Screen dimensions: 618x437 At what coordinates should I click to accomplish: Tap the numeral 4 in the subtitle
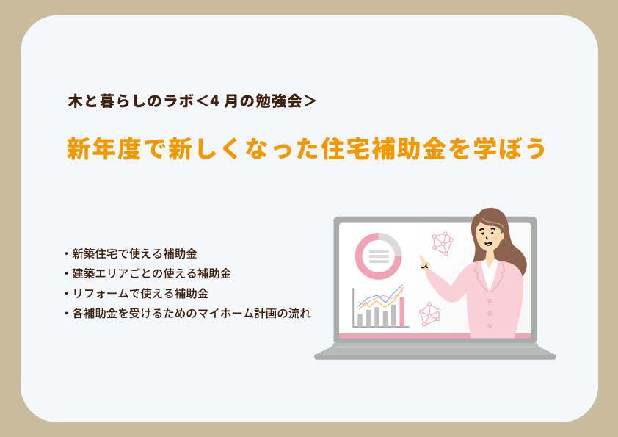214,101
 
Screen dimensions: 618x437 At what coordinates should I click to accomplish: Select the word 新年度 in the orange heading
103,148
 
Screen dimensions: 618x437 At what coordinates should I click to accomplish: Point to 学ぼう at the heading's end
509,148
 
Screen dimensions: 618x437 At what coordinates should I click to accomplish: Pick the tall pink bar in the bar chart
402,311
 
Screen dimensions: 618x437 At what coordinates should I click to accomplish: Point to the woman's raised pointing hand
424,263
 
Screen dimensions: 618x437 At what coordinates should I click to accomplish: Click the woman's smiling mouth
488,242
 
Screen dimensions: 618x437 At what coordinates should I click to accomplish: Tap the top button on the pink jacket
490,300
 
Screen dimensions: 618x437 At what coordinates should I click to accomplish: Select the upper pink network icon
443,243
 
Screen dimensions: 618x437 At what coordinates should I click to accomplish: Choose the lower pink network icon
429,314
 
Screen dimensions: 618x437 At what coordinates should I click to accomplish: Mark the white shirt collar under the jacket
490,273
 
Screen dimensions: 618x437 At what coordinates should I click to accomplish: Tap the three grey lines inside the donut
379,256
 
